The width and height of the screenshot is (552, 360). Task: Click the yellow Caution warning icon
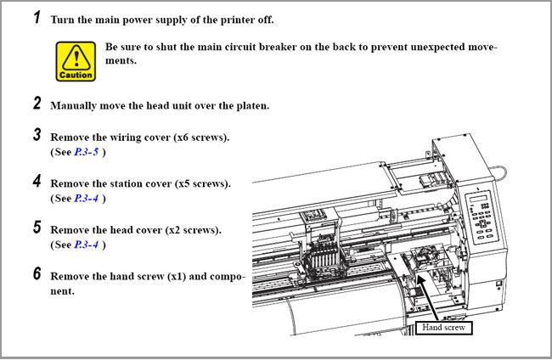[x=76, y=62]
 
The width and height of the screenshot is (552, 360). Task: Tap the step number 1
[x=37, y=17]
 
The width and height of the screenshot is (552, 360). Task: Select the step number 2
[x=37, y=103]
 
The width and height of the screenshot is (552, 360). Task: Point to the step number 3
[x=37, y=134]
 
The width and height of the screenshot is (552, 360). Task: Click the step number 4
[x=37, y=181]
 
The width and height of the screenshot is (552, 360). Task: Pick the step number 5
[x=37, y=228]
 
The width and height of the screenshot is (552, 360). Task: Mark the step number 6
[x=37, y=273]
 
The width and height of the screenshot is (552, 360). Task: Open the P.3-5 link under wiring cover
[x=87, y=152]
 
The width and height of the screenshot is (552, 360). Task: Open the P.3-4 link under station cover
[x=87, y=199]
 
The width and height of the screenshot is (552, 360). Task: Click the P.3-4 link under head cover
[x=87, y=245]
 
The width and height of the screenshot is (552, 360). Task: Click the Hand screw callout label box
[x=443, y=328]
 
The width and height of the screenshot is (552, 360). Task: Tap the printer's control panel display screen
[x=480, y=198]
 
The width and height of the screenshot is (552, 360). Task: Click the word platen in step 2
[x=253, y=106]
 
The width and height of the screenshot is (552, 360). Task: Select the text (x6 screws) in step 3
[x=201, y=138]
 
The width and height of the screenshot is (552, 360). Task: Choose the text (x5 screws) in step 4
[x=203, y=183]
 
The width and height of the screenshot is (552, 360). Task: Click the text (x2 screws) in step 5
[x=194, y=230]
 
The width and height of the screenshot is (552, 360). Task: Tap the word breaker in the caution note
[x=278, y=48]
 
